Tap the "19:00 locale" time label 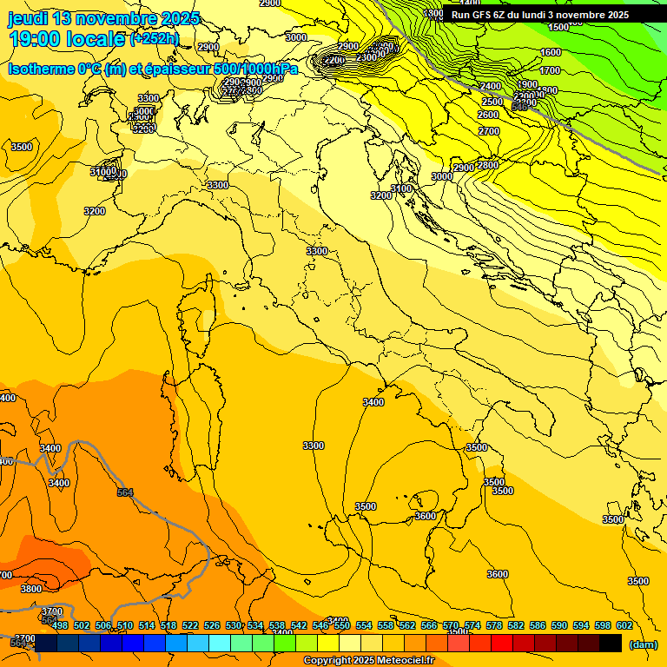pos(66,38)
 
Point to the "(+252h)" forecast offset pos(155,39)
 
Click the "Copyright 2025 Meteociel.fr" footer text pos(368,661)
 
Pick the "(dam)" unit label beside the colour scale pos(643,645)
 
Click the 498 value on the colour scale pos(60,625)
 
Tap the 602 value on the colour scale pos(624,625)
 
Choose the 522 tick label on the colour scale pos(190,625)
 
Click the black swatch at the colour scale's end pos(611,644)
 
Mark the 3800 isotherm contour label pos(30,589)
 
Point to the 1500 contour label pos(558,27)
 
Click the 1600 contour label pos(550,52)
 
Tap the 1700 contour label pos(550,70)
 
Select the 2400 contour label pos(491,87)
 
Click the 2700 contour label pos(489,131)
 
